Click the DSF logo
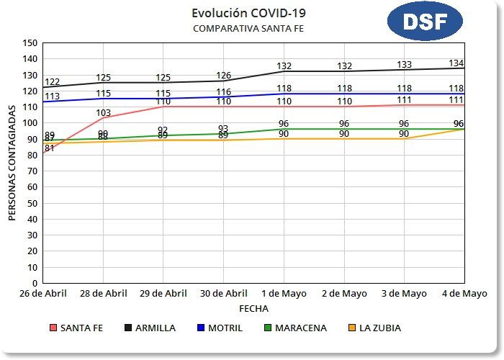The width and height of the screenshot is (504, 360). (424, 22)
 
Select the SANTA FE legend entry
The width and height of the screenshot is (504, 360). (76, 328)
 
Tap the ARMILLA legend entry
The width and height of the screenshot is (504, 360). (148, 328)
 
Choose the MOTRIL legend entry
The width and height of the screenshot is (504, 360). (220, 328)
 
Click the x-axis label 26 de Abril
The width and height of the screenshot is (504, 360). (43, 294)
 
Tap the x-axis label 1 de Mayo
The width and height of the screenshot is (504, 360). (284, 294)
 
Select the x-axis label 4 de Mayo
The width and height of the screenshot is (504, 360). (464, 294)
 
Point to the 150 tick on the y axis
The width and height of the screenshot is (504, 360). (30, 42)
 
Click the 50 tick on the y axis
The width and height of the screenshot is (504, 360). (33, 204)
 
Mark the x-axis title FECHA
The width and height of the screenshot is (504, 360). (253, 308)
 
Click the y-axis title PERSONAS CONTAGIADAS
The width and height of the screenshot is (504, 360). (12, 162)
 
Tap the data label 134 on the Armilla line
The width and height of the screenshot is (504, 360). (456, 63)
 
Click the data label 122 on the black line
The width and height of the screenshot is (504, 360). (52, 82)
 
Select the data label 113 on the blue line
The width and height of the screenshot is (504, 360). (52, 96)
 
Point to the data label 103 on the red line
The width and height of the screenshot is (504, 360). (103, 113)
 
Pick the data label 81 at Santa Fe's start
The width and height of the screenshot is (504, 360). (50, 148)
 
